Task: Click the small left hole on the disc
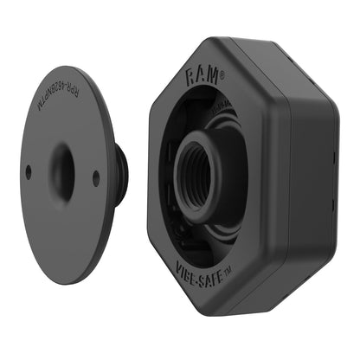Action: [29, 171]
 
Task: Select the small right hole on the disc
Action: [95, 179]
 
